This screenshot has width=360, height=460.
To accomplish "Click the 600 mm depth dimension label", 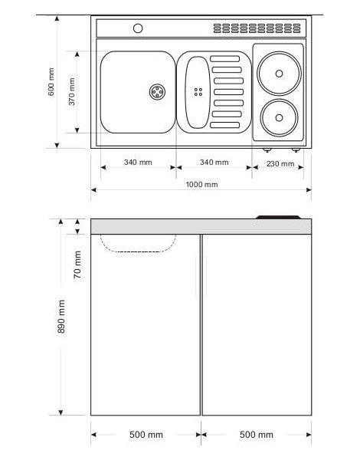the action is tap(51, 82).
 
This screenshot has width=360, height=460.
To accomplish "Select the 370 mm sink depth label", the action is tap(72, 91).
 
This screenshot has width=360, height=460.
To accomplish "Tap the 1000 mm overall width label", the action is tap(201, 185).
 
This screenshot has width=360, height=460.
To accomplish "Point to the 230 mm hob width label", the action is tap(280, 164).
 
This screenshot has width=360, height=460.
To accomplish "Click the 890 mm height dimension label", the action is tap(61, 317).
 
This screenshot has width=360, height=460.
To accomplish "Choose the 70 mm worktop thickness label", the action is tap(77, 264).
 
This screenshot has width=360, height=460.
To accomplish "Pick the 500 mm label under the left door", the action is tap(146, 435).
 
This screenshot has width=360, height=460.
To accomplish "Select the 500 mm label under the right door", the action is tap(257, 435).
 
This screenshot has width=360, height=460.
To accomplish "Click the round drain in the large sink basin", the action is tap(158, 92).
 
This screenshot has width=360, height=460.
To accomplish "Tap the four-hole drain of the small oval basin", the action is tap(198, 92).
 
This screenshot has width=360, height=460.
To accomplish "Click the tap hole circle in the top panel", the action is tap(138, 28).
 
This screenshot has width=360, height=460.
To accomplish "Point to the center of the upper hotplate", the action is tap(279, 74).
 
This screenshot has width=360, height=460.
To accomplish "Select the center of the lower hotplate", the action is tap(279, 118).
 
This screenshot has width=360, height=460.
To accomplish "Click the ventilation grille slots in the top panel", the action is tap(257, 28).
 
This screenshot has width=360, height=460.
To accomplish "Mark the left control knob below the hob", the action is tap(267, 150).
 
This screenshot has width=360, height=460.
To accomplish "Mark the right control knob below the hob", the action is tap(296, 150).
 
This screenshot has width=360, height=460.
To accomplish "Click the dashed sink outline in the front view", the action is tap(138, 251).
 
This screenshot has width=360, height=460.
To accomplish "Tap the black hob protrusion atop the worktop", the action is tap(278, 217).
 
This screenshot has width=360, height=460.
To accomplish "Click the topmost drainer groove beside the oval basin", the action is tap(225, 59).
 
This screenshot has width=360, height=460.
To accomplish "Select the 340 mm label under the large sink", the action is tap(138, 163).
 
